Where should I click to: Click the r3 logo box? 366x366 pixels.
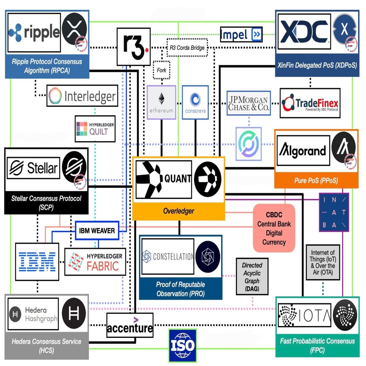coord(134,47)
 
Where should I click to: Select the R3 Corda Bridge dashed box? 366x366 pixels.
coord(187,48)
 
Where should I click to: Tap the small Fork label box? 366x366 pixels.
coord(161,70)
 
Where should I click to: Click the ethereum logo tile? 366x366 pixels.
coord(161,102)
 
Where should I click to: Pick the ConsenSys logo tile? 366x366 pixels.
coord(195,102)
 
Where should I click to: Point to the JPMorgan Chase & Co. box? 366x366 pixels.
coord(249,103)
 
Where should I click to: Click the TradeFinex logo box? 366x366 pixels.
coord(310,103)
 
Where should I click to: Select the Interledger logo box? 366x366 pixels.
coord(82,96)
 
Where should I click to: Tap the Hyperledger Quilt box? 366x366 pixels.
coord(95,129)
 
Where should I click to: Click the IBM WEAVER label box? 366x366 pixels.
coord(97,231)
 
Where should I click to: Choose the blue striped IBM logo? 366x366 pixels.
coord(37,262)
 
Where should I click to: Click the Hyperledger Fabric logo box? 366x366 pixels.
coord(95,262)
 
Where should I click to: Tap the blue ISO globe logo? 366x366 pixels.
coord(182,345)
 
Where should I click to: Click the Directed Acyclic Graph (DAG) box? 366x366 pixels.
coord(252,276)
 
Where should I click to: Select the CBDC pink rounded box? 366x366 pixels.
coord(274,228)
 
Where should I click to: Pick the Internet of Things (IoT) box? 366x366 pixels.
coord(323,262)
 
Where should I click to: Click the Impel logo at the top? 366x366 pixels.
coord(241,35)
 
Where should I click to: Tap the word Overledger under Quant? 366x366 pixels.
coord(178,211)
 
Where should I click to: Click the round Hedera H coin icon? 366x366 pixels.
coord(74,313)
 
